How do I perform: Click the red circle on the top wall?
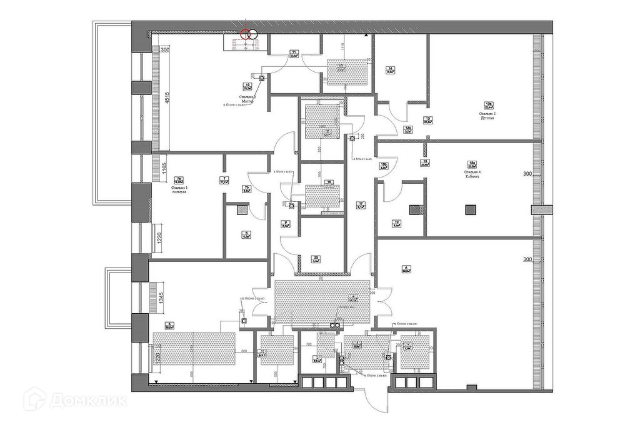click(x=248, y=34)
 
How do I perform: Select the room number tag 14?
click(x=389, y=69)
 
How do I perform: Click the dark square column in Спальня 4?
click(x=470, y=210)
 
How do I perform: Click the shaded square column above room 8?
click(x=241, y=211)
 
